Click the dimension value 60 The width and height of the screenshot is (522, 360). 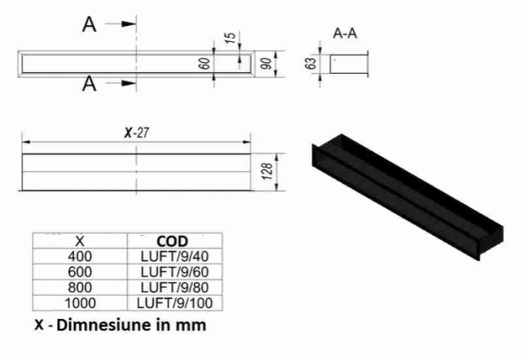(x=204, y=63)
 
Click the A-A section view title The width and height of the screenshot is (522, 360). (x=344, y=33)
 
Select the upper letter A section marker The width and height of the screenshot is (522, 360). (x=89, y=25)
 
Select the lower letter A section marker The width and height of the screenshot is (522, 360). (x=89, y=83)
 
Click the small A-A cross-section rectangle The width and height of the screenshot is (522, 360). (x=349, y=63)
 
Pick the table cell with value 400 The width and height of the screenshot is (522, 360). (x=80, y=256)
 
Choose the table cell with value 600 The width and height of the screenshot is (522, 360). (x=80, y=271)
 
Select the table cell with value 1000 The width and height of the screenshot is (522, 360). (x=80, y=303)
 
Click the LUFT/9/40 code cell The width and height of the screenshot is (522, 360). (x=174, y=256)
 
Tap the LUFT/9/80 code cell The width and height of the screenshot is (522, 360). (x=174, y=287)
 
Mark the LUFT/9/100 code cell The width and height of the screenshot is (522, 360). (x=174, y=303)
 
